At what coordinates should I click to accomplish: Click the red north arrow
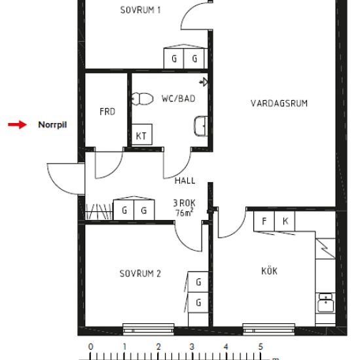point(18,124)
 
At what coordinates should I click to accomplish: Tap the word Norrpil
point(52,125)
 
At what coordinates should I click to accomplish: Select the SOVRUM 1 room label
point(140,10)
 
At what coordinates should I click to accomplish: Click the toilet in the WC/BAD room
point(142,99)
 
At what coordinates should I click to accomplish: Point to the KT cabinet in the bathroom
point(142,135)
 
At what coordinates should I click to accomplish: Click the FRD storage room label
point(107,112)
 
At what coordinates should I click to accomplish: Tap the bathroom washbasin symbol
point(201,126)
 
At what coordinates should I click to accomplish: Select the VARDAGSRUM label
point(279,103)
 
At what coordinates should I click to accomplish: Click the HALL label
point(185,181)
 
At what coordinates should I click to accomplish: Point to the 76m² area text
point(185,213)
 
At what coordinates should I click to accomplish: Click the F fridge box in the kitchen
point(264,221)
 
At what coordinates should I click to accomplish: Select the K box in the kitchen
point(285,221)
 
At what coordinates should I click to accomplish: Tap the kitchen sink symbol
point(325,302)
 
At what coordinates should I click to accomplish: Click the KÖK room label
point(269,271)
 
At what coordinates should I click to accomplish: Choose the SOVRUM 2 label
point(140,274)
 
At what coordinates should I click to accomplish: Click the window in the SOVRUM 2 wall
point(149,329)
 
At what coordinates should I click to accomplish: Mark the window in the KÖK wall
point(268,329)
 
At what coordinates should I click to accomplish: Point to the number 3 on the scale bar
point(192,347)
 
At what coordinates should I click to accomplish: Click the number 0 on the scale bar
point(91,347)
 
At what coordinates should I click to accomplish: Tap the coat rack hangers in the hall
point(99,211)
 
